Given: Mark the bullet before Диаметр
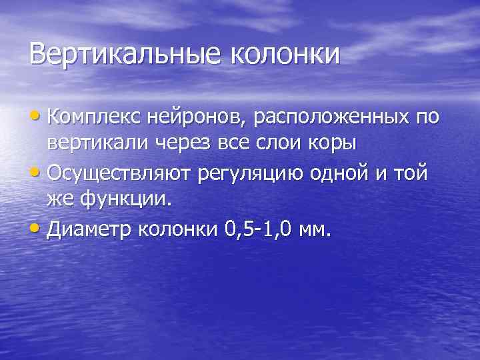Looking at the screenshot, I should [x=37, y=231].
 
